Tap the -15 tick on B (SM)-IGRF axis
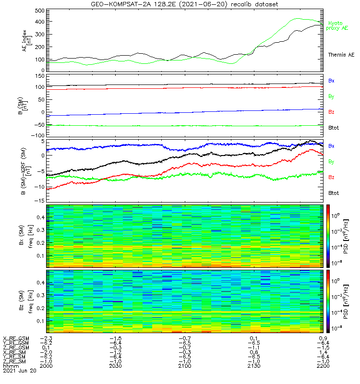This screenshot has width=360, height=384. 40,200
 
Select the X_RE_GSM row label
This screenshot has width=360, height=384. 16,338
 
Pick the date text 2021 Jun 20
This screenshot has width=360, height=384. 20,371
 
